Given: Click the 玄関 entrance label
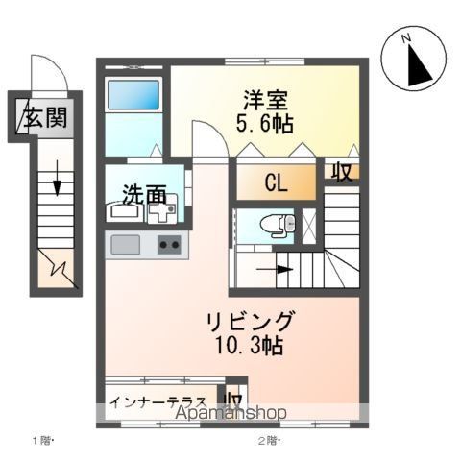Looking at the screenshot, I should (45, 119).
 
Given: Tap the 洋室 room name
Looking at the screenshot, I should (262, 100).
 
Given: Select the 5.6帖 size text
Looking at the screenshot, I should (262, 124).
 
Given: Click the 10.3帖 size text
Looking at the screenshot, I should (249, 346).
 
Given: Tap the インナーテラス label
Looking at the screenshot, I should (158, 400).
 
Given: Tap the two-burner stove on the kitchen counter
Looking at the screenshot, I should (170, 245).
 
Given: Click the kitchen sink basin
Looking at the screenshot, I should (126, 245).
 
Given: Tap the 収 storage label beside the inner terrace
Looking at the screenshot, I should (233, 398).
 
